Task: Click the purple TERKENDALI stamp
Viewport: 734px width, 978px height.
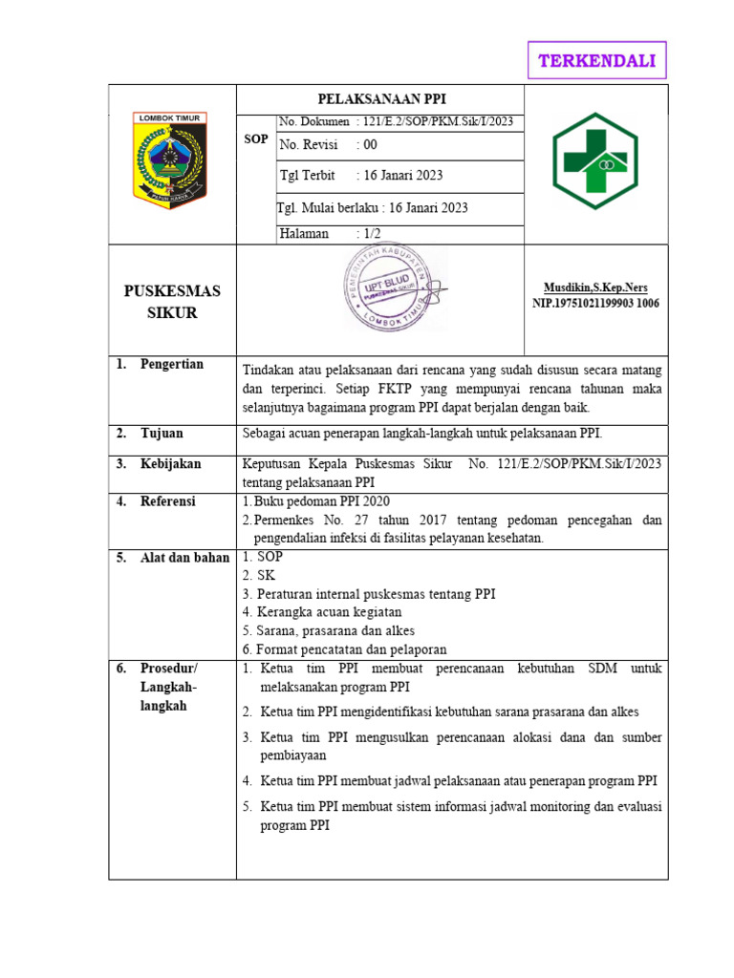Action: (x=597, y=61)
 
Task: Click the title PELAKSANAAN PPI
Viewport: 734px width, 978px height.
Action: (x=381, y=99)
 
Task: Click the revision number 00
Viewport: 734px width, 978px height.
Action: (x=367, y=145)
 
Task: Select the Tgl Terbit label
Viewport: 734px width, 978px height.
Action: (x=307, y=176)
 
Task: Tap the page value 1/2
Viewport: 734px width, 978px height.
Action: (x=367, y=233)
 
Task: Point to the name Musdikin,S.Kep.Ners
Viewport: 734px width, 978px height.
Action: (x=595, y=287)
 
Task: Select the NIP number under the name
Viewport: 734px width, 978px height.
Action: (x=595, y=304)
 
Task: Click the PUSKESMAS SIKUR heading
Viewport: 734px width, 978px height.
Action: (x=172, y=301)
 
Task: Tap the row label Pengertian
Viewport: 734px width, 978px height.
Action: (x=171, y=364)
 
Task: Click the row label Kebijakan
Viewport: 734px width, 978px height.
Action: (x=170, y=463)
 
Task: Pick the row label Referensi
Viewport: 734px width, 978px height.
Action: (x=167, y=500)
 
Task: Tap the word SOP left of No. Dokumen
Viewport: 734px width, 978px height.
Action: (x=256, y=139)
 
